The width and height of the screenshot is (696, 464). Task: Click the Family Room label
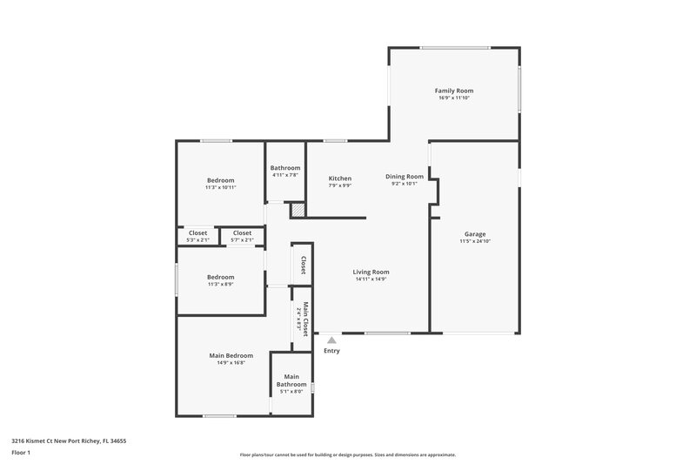(453, 91)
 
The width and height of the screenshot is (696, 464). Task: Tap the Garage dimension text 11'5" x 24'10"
(474, 241)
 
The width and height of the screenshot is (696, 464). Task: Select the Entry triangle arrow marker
(331, 340)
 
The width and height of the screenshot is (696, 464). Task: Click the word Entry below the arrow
(331, 351)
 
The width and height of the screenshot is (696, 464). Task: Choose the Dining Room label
(405, 177)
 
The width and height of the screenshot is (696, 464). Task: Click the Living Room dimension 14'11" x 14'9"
(371, 279)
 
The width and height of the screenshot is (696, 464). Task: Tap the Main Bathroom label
(291, 380)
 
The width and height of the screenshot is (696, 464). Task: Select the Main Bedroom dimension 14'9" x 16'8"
(231, 363)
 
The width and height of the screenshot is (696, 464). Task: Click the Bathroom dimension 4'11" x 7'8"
(285, 176)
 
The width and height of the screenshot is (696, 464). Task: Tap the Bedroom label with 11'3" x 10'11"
(220, 180)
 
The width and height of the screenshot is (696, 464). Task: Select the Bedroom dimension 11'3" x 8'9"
(220, 285)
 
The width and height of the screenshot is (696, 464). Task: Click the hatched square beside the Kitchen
(298, 210)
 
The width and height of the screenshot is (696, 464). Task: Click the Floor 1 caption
(21, 454)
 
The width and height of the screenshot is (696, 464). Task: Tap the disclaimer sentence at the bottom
(347, 454)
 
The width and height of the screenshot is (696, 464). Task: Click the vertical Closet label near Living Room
(304, 265)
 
